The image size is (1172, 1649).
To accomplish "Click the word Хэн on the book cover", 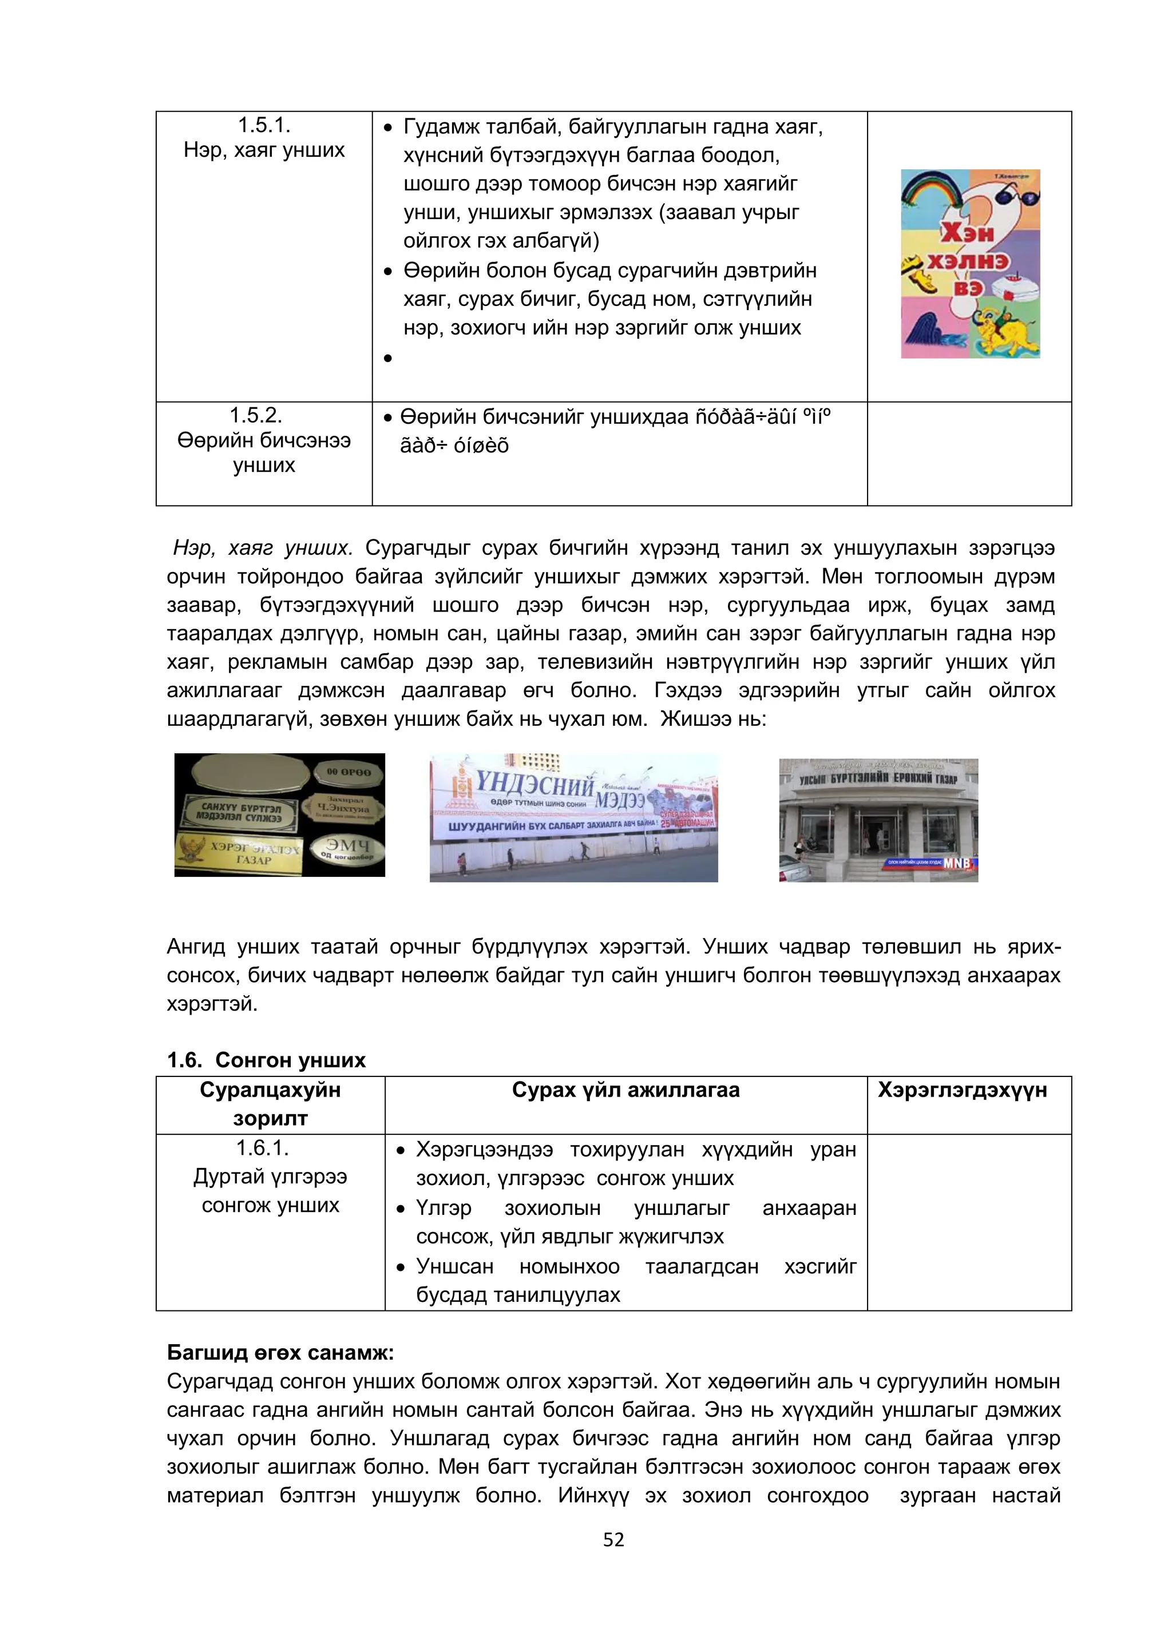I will pos(967,232).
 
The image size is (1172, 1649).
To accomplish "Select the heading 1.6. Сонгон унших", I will pos(266,1060).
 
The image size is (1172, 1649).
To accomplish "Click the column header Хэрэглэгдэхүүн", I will pos(962,1090).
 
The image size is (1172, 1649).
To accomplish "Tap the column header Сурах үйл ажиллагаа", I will pos(625,1090).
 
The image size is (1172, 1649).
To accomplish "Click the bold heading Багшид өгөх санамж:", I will pos(280,1353).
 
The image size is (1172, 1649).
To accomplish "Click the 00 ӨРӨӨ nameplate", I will pos(349,772).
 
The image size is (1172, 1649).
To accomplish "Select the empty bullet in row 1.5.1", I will pos(388,358).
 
